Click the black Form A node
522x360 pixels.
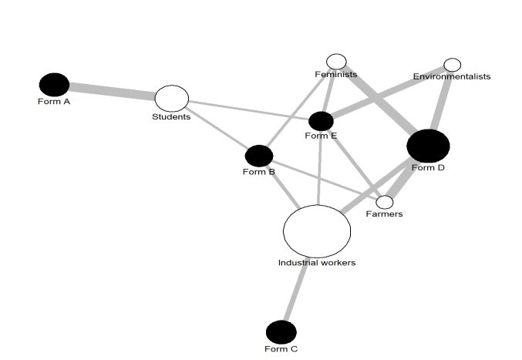(54, 85)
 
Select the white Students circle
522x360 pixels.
(172, 99)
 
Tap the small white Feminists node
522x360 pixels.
(336, 62)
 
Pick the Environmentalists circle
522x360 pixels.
(453, 65)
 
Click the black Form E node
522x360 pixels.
(321, 121)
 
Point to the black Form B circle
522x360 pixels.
(259, 156)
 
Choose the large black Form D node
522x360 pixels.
(428, 146)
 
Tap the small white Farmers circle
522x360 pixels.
(384, 202)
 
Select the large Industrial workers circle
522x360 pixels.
(317, 230)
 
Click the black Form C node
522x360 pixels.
(281, 332)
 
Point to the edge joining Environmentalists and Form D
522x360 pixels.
(443, 100)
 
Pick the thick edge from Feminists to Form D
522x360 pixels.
(378, 100)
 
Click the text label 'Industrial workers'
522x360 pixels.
(317, 263)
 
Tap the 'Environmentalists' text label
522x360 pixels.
(452, 76)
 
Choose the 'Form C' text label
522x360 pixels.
(281, 349)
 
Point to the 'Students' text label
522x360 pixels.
(171, 117)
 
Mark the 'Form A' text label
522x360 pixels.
(54, 102)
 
